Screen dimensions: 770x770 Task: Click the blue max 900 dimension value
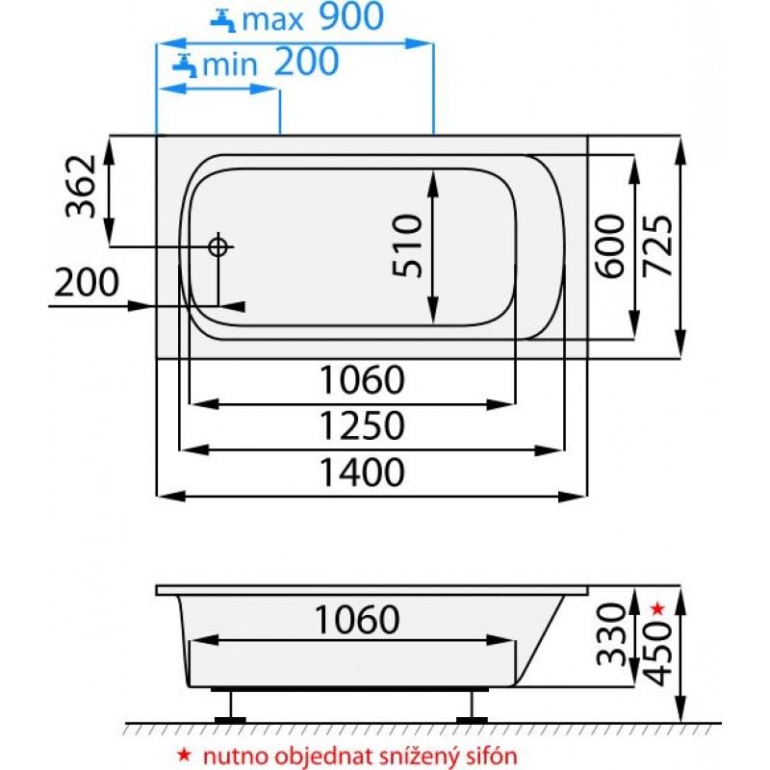351,16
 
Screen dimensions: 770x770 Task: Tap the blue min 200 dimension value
306,62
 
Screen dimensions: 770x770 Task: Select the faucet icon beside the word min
185,65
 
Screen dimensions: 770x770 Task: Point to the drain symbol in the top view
218,246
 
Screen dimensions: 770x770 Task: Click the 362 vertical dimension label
81,186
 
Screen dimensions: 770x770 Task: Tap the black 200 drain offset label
87,282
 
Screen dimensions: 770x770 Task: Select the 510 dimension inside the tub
407,246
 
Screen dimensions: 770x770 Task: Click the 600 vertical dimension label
609,246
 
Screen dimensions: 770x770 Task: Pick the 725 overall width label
657,246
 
